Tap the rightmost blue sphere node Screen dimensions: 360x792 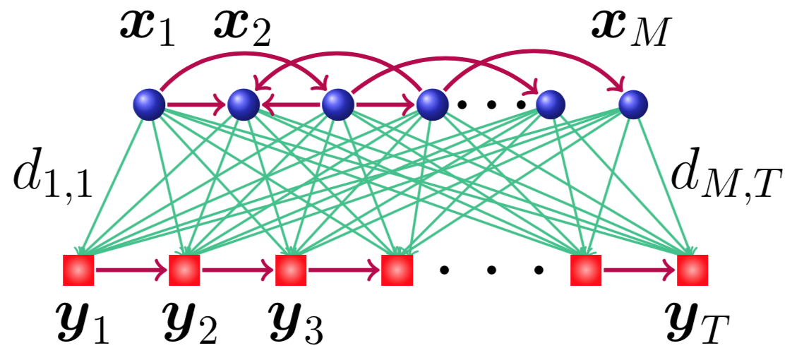[x=633, y=106]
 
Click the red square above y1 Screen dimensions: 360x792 [x=78, y=270]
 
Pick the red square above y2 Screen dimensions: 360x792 [x=184, y=270]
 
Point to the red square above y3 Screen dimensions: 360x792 [x=289, y=270]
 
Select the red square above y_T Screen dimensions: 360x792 [x=692, y=270]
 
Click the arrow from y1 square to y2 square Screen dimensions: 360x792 [x=131, y=270]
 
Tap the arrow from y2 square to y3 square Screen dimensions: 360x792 [x=237, y=270]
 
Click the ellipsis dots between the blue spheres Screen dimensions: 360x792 [x=491, y=106]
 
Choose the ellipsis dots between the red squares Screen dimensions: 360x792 [x=491, y=270]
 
